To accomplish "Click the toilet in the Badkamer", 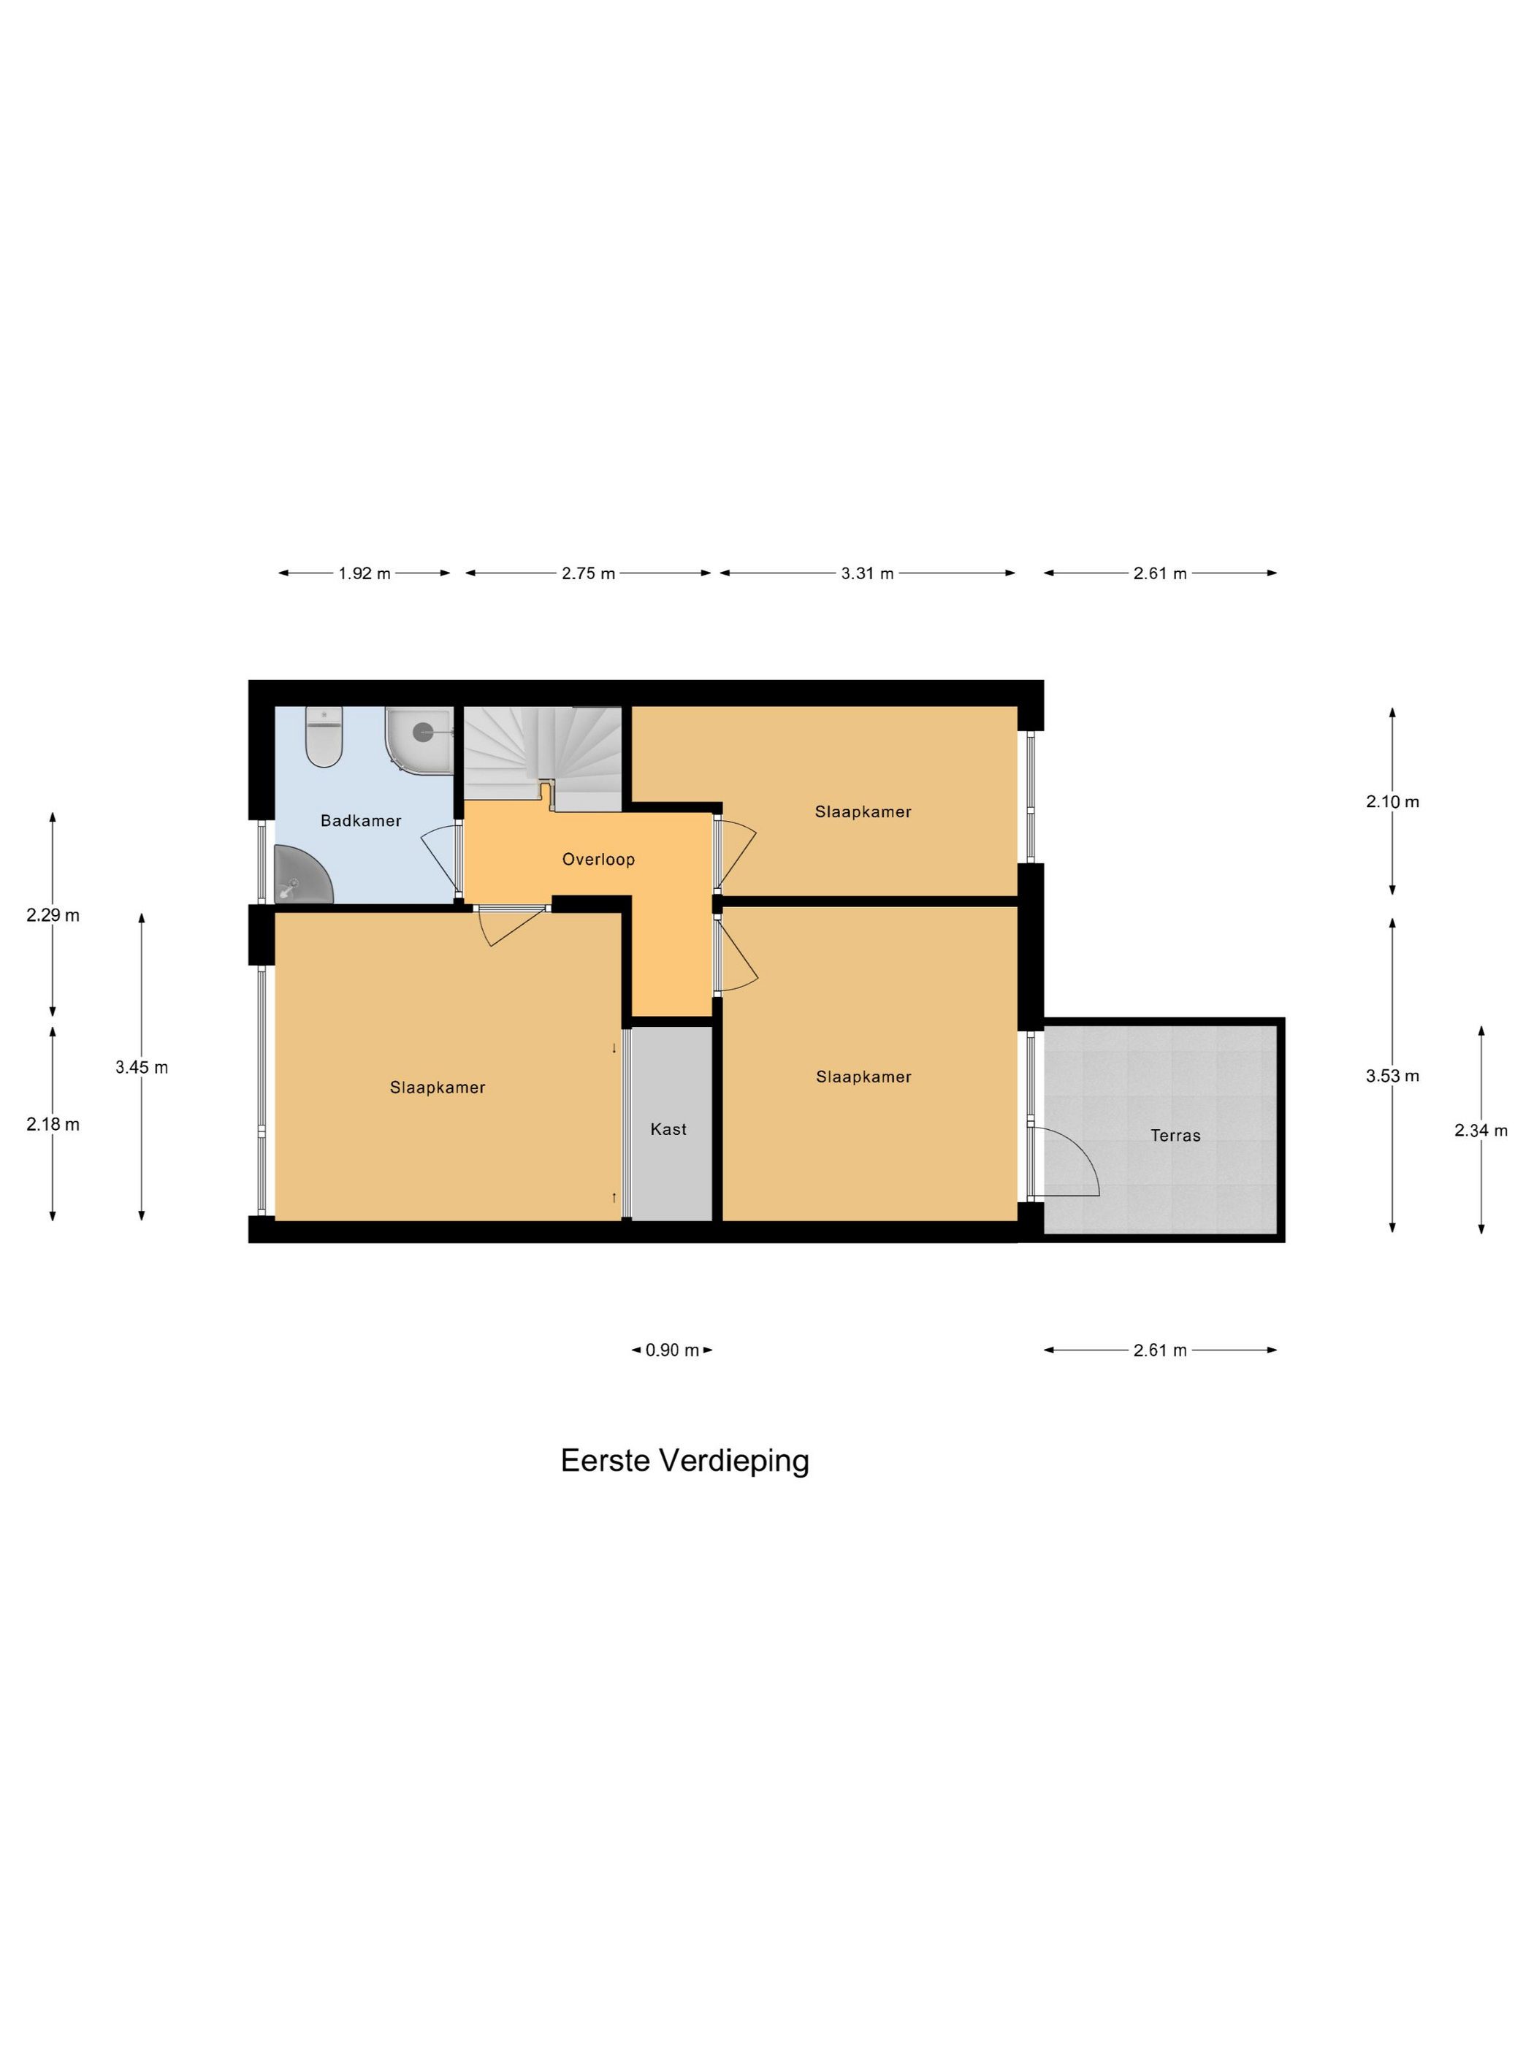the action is (324, 736).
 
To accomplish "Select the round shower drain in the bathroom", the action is (422, 733).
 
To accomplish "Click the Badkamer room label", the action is (361, 820).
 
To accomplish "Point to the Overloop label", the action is (598, 859).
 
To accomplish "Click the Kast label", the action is (668, 1129).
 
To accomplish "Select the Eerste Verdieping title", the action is (685, 1461).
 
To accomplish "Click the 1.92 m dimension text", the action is (365, 573).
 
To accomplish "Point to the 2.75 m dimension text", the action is (588, 573).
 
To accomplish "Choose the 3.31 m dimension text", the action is (867, 573).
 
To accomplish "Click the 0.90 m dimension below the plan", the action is (672, 1350).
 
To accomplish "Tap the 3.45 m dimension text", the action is (142, 1067).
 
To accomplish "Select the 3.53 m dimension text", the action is (1392, 1075).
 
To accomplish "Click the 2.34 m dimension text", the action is (1481, 1130).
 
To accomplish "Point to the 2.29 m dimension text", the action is (53, 915).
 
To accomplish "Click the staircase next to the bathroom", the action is (542, 754).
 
